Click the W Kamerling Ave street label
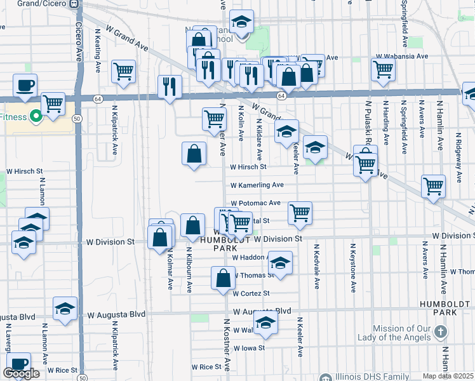[257, 185]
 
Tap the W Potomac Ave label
[255, 203]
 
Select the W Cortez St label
[251, 293]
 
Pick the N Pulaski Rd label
[368, 121]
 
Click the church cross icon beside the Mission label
[442, 331]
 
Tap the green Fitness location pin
[36, 116]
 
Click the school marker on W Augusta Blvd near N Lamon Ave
[65, 309]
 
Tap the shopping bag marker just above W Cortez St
[223, 278]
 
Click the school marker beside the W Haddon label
[280, 262]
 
